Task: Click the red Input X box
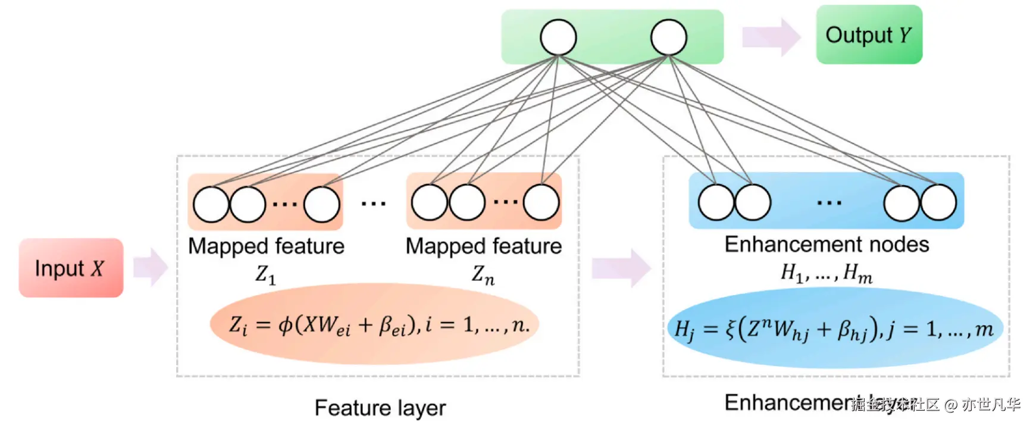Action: [x=71, y=268]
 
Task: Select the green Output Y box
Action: [x=869, y=35]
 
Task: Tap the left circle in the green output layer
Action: [x=558, y=37]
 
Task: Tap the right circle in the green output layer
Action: [x=669, y=37]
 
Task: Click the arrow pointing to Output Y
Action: [x=771, y=37]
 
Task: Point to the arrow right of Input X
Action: [x=151, y=267]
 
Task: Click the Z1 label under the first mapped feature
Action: [x=265, y=274]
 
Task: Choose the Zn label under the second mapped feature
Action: [x=483, y=274]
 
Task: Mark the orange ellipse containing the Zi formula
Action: [x=375, y=324]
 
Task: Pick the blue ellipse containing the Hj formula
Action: [x=834, y=329]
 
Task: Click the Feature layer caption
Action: [x=380, y=408]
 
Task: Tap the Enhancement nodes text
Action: [x=827, y=244]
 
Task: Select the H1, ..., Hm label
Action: [x=827, y=273]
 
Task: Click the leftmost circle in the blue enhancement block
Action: [x=716, y=202]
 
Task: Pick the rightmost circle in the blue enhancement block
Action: [x=938, y=202]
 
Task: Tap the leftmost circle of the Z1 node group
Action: [x=211, y=204]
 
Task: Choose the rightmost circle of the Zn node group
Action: [x=541, y=202]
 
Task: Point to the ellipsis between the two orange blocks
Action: [x=374, y=204]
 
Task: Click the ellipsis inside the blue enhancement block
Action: [x=829, y=203]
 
